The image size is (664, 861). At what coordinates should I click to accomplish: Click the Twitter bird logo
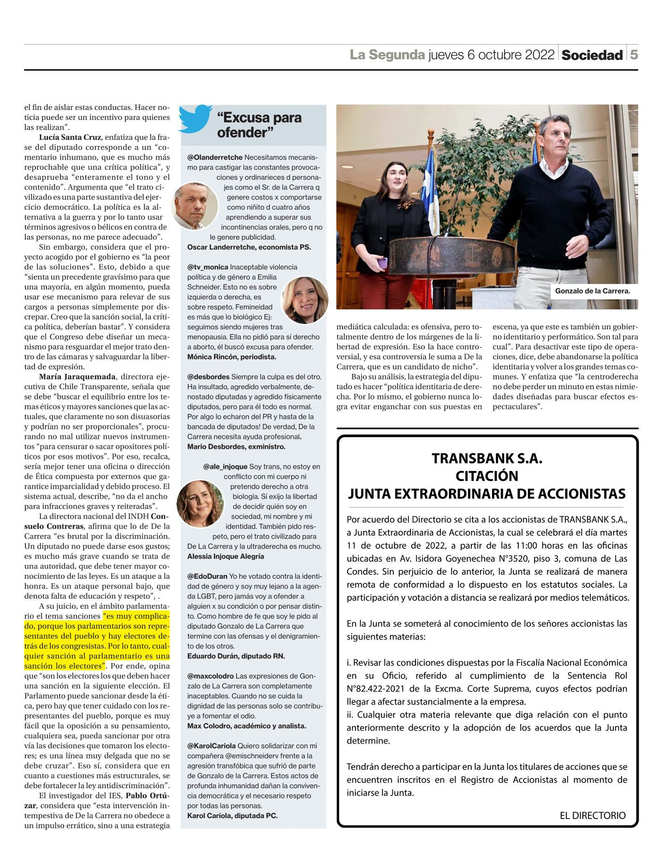point(196,119)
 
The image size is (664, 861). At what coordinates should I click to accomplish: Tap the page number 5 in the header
point(634,55)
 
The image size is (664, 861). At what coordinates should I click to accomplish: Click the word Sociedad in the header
point(592,55)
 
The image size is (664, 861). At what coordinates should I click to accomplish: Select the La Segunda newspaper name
point(387,55)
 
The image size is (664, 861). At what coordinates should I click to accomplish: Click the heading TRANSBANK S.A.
point(487,458)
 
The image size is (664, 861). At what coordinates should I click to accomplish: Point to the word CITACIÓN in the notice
point(487,475)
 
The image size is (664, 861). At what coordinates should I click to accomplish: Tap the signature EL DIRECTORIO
point(593,815)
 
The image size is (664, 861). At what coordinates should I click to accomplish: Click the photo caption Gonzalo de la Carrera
point(592,291)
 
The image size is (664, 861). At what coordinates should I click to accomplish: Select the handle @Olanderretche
point(215,157)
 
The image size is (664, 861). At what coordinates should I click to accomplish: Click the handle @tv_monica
point(207,267)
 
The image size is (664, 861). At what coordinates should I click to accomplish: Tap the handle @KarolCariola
point(211,746)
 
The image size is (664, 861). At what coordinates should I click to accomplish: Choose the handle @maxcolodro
point(210,676)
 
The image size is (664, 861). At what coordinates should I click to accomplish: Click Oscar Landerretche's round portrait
point(195,206)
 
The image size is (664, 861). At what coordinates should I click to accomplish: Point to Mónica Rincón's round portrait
point(304,300)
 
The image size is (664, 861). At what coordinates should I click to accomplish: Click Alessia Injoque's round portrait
point(200,503)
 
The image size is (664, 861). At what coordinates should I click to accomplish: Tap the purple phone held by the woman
point(382,263)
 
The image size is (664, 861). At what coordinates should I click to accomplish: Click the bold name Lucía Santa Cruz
point(70,137)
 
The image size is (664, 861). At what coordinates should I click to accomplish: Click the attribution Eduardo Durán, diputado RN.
point(236,656)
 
